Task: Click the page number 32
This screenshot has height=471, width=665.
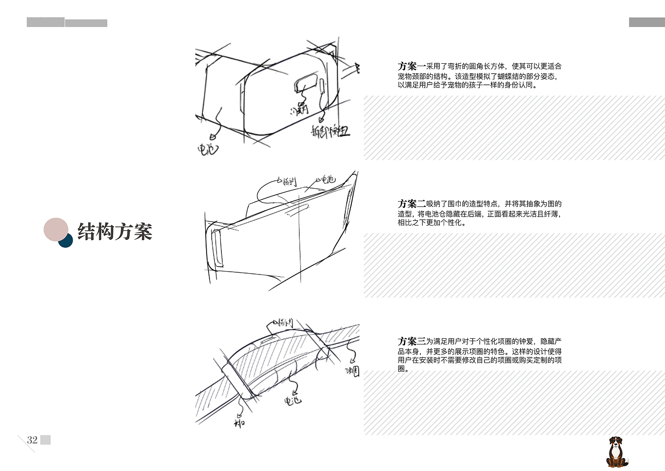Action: click(32, 440)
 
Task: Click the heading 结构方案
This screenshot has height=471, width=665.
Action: click(115, 232)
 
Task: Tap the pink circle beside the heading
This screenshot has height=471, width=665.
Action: click(56, 230)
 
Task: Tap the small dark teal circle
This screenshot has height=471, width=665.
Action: click(66, 241)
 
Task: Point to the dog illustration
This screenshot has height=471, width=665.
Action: click(617, 452)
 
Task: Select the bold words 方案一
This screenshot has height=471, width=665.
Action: click(412, 67)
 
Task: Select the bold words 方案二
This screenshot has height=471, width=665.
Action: click(412, 204)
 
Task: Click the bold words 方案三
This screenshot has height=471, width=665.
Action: click(412, 342)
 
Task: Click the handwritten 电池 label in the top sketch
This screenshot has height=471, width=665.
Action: click(208, 149)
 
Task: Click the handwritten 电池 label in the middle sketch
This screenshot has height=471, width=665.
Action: click(328, 179)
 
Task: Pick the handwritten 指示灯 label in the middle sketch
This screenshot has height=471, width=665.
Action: click(289, 181)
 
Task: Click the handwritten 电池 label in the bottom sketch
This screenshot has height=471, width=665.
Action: click(293, 401)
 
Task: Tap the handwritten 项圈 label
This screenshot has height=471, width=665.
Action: click(352, 371)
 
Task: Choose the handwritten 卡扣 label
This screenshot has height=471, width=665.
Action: click(239, 422)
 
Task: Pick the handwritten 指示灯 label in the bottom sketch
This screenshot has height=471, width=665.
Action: click(286, 323)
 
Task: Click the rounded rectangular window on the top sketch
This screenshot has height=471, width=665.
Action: click(306, 82)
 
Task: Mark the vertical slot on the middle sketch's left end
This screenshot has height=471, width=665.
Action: click(217, 248)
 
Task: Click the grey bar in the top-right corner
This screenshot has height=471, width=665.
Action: click(646, 22)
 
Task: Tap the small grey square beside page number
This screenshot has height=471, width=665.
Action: click(46, 440)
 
